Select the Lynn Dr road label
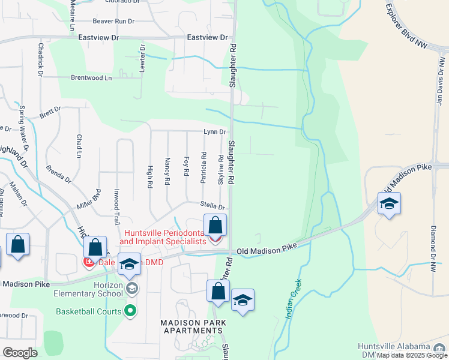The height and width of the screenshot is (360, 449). pyautogui.click(x=214, y=132)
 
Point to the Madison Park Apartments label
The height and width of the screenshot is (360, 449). pyautogui.click(x=193, y=327)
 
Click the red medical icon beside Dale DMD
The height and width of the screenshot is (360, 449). pyautogui.click(x=88, y=262)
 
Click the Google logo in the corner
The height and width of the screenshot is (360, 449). pyautogui.click(x=20, y=352)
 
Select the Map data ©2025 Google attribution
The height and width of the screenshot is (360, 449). pyautogui.click(x=411, y=355)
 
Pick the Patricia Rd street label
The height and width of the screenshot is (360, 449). pyautogui.click(x=204, y=167)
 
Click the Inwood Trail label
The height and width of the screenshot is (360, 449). pyautogui.click(x=117, y=211)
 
